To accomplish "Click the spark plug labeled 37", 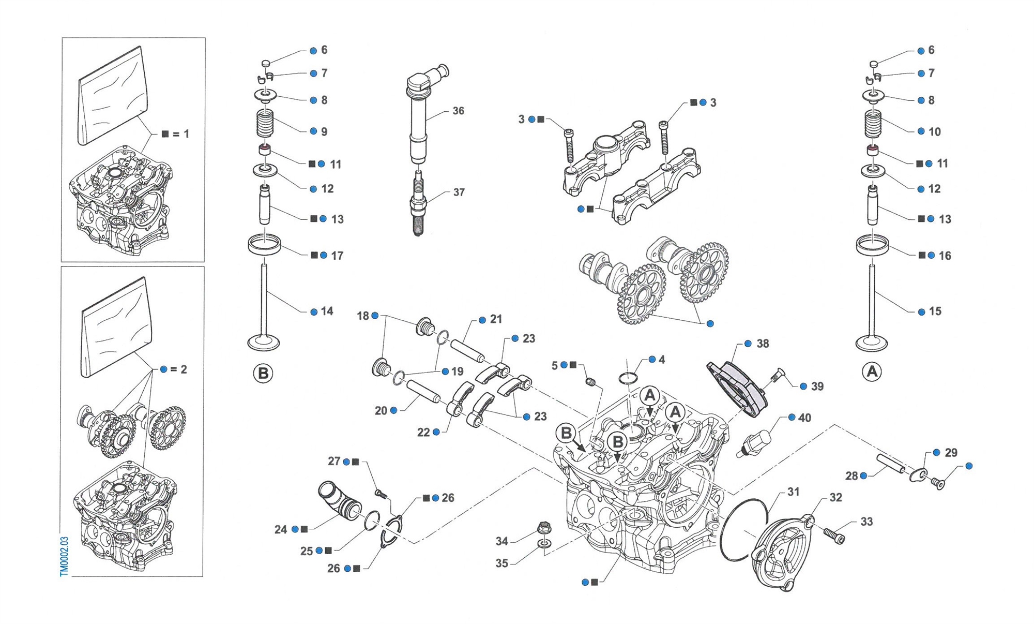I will click(x=418, y=204).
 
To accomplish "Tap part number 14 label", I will click(x=327, y=311).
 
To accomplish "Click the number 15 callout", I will click(x=935, y=311).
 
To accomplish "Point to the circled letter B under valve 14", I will click(x=263, y=373).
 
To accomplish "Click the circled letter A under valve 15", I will click(x=872, y=372).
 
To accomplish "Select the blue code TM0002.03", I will click(x=64, y=556).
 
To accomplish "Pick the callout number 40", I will click(x=805, y=418).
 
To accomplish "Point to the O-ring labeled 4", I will click(x=627, y=378).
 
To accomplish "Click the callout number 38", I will click(x=763, y=344).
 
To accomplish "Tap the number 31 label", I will click(x=793, y=492).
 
